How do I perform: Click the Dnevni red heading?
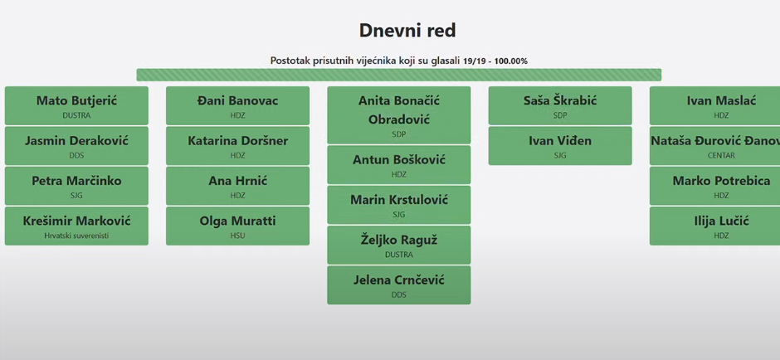407,31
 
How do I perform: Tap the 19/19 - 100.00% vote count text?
495,61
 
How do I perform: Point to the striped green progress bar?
399,75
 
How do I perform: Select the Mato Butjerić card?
76,105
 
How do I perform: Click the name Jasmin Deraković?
76,141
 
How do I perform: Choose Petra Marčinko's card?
76,186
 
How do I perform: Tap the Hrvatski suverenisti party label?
76,236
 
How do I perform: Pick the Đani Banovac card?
238,105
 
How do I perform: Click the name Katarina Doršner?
238,141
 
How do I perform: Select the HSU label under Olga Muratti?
238,236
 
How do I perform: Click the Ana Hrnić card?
238,186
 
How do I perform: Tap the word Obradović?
399,119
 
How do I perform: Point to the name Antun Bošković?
399,160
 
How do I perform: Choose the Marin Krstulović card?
399,205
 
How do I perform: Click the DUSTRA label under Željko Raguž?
399,255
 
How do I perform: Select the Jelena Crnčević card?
399,285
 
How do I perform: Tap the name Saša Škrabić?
560,101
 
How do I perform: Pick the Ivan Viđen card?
560,146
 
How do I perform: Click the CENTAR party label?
721,156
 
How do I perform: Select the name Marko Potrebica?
721,181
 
